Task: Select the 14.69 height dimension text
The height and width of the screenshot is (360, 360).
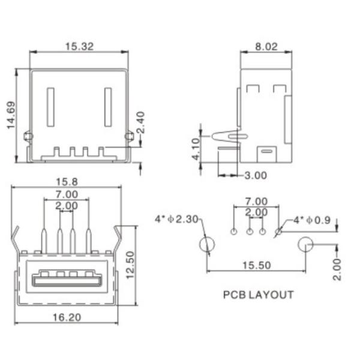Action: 10,115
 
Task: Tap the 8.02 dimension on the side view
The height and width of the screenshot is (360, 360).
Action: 266,46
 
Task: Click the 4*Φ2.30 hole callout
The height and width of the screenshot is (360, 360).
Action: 176,220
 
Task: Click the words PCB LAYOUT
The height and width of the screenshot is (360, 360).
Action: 258,295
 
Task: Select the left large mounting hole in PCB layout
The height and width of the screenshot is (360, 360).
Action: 208,245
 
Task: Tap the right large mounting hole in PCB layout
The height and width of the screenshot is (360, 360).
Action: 305,245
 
